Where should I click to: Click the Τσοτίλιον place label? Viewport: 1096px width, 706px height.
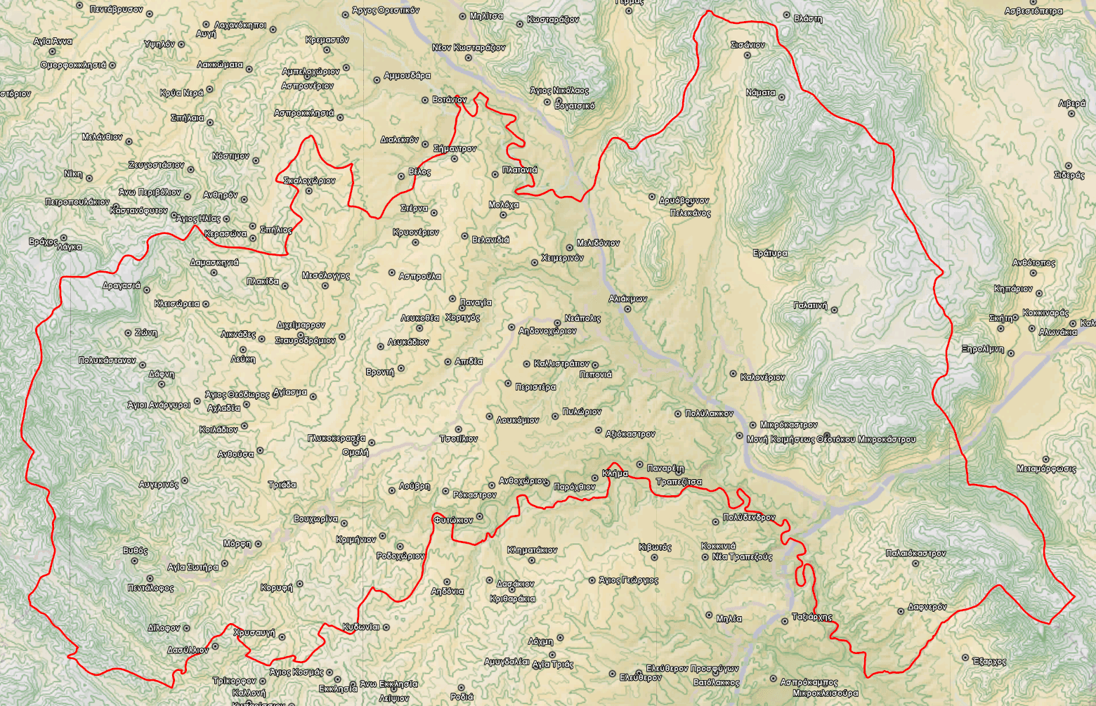[x=459, y=439]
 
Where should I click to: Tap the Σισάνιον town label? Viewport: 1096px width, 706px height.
[x=748, y=45]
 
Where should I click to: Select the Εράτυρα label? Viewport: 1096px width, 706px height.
[x=770, y=253]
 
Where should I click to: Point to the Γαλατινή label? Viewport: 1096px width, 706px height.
[x=810, y=306]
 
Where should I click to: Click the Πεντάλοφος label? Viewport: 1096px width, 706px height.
[x=150, y=588]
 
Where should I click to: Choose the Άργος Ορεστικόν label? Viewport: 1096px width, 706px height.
[x=386, y=11]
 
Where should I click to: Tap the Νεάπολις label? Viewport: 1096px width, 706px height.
[x=582, y=318]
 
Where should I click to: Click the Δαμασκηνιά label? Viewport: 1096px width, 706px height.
[x=214, y=263]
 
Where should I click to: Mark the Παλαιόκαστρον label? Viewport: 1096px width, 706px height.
[x=915, y=554]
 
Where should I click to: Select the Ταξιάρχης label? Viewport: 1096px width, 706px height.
[x=812, y=617]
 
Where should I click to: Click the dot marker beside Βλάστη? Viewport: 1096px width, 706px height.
[x=786, y=15]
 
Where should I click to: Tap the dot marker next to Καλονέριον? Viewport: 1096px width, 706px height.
[x=733, y=374]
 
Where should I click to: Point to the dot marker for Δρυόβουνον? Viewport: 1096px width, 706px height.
[x=652, y=197]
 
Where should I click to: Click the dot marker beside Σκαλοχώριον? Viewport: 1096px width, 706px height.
[x=309, y=190]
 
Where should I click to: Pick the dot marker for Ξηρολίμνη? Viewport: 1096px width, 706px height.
[x=1011, y=353]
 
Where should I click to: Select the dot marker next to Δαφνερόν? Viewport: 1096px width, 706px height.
[x=901, y=611]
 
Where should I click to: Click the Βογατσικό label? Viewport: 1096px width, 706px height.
[x=574, y=106]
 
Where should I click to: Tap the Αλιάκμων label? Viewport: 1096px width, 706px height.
[x=627, y=299]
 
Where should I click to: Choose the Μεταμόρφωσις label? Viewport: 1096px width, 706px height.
[x=1046, y=469]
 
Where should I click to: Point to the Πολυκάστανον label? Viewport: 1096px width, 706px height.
[x=107, y=360]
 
